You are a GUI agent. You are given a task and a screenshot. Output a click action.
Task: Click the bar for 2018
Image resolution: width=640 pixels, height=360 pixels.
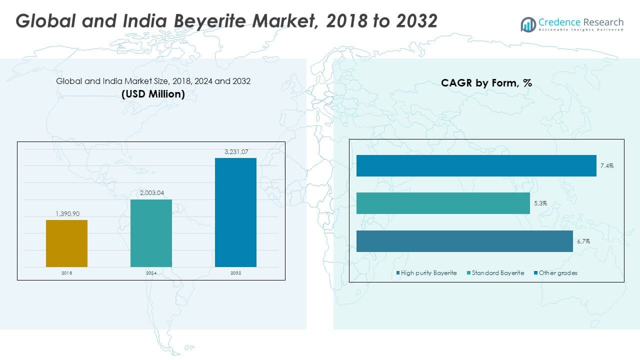[66, 243]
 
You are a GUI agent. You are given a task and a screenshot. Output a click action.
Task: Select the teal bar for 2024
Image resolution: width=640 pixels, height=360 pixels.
[151, 233]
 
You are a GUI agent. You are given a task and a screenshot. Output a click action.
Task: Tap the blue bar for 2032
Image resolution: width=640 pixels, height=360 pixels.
[235, 212]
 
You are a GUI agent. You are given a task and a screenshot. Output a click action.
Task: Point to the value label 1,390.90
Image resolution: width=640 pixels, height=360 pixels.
[66, 213]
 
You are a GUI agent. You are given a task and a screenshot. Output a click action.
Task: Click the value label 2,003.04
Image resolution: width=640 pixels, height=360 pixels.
[151, 193]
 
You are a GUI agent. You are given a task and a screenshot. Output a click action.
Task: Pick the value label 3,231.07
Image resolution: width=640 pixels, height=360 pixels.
[235, 151]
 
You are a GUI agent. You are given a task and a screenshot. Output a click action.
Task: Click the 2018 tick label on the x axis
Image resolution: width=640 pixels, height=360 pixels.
[66, 273]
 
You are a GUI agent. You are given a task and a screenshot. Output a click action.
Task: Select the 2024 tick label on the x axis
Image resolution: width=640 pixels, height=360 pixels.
[151, 273]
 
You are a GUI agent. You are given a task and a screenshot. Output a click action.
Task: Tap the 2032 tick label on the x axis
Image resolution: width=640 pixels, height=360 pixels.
[235, 273]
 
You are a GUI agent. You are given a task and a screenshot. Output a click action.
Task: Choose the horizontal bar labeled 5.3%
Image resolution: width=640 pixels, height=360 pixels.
[443, 203]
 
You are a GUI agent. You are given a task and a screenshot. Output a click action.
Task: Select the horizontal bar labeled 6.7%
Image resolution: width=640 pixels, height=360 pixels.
[464, 241]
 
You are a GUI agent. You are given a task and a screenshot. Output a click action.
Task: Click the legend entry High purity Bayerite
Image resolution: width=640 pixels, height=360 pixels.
[428, 273]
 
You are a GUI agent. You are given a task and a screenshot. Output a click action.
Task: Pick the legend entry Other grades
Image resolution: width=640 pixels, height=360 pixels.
[557, 273]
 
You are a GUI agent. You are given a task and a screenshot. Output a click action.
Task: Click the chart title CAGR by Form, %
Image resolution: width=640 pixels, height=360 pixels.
[486, 83]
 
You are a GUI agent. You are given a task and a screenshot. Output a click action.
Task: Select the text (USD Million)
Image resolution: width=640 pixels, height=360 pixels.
[153, 93]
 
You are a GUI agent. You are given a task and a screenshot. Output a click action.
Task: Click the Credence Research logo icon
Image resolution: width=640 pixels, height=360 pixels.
[528, 24]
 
